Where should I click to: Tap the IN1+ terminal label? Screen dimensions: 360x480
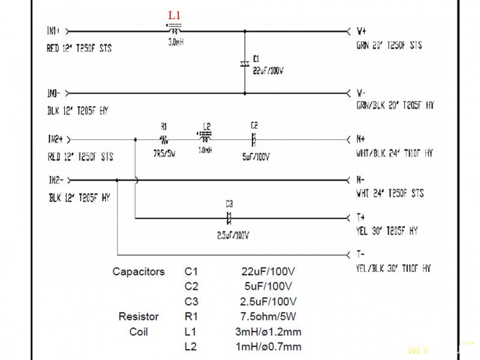(54, 31)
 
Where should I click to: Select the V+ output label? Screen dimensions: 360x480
(362, 30)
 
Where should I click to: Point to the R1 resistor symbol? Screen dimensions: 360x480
(164, 139)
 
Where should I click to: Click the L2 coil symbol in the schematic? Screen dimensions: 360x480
(206, 138)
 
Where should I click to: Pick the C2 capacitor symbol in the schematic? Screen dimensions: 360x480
(254, 139)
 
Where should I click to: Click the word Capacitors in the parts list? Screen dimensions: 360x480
(138, 272)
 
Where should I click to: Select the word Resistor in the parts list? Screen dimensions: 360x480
(139, 316)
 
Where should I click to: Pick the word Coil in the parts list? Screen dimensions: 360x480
(139, 331)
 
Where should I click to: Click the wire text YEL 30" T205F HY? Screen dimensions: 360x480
(387, 231)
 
